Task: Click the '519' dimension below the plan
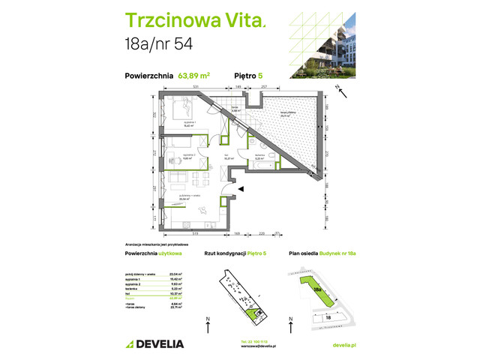pos(193,235)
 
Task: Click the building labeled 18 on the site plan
pos(330,316)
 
